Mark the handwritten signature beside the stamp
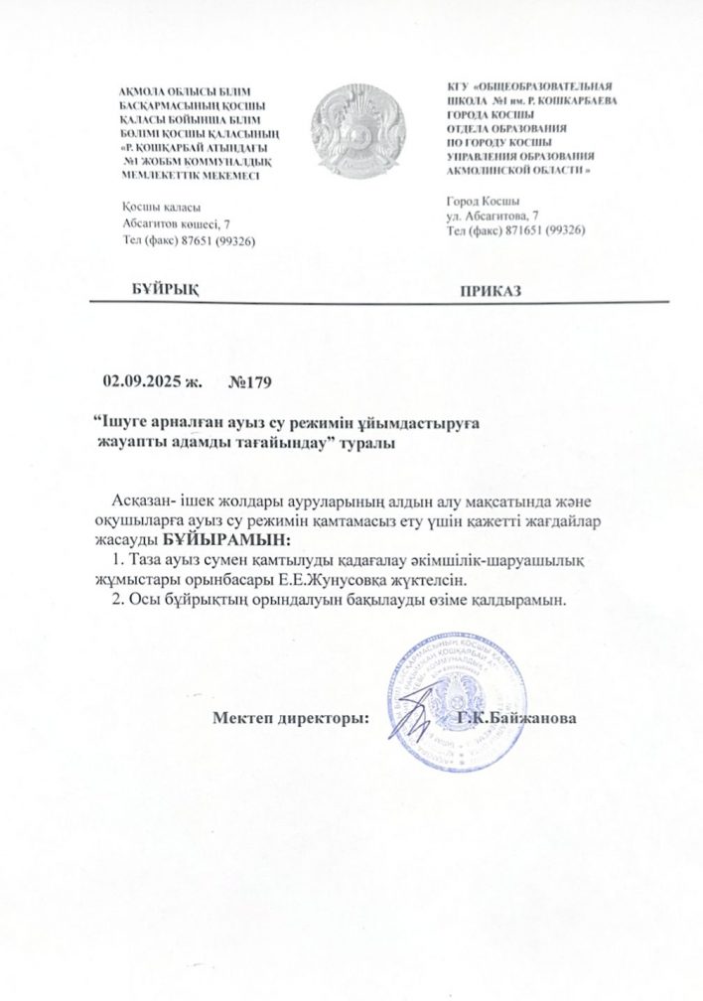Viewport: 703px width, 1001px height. pos(416,707)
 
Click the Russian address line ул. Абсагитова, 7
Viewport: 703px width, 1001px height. pos(493,215)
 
